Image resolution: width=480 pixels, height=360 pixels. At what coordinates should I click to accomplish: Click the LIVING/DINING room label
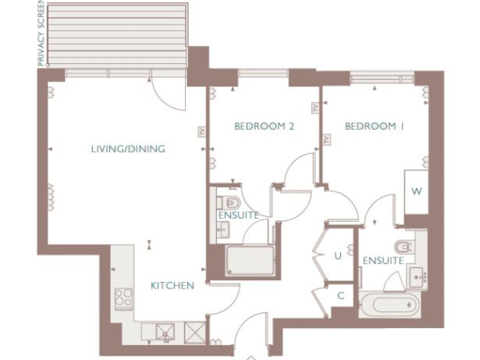pos(128,149)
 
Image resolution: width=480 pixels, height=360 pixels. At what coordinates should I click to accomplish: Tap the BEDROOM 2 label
pos(264,126)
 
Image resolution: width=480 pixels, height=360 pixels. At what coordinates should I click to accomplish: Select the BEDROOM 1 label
pos(375,126)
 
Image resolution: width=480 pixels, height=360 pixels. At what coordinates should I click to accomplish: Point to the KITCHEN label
pos(173,285)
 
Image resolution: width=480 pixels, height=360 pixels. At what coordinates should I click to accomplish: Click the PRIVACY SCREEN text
pos(41,33)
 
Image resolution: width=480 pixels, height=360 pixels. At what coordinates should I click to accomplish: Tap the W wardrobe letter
pos(417,192)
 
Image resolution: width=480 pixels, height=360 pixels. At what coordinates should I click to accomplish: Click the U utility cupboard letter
pos(338,256)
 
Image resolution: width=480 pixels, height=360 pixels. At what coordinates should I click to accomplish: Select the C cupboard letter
pos(341,296)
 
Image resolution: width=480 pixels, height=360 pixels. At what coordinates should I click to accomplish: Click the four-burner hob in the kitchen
pos(123,299)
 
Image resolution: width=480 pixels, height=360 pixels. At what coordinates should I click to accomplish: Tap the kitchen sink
pos(165,332)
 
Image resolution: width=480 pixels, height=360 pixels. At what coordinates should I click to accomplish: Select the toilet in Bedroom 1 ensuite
pos(405,247)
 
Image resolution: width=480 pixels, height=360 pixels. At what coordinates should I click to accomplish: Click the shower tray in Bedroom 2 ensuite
pos(250,261)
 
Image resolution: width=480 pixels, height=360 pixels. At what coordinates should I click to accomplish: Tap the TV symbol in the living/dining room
pos(201,132)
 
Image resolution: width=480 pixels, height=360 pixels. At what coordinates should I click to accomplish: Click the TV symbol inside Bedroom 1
pos(326,140)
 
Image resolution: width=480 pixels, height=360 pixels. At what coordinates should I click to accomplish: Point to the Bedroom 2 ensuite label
pos(238,215)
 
